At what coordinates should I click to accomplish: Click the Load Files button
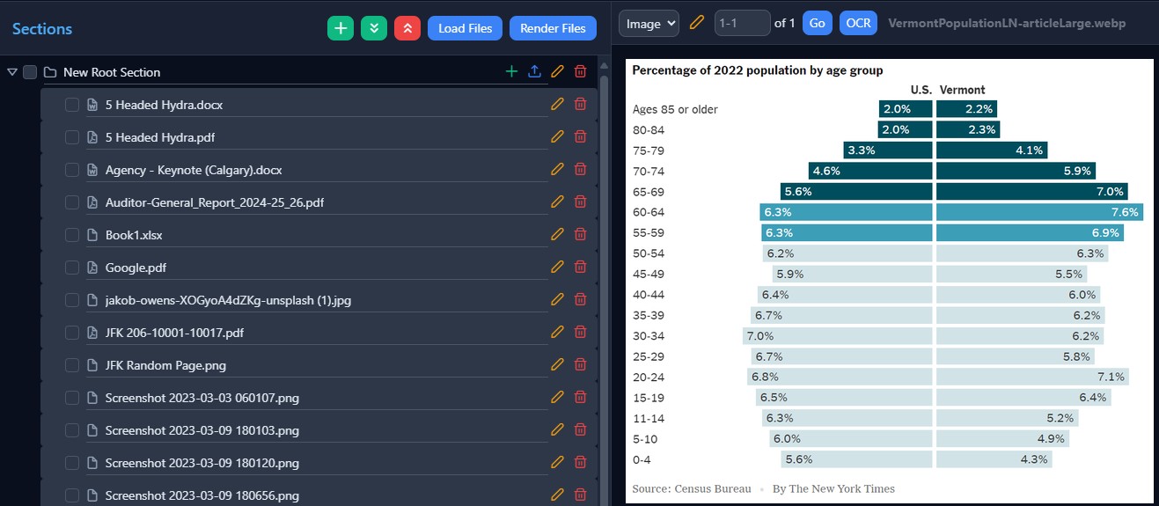tap(465, 28)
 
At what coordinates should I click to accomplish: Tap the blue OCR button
tap(858, 24)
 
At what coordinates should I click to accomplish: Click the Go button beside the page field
tap(817, 24)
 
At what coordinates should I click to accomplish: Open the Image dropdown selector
tap(649, 24)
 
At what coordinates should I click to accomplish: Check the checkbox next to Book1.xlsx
tap(72, 235)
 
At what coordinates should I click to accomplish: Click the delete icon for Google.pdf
tap(580, 267)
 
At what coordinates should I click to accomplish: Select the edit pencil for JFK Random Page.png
tap(556, 364)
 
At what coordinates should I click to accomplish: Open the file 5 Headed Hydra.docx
tap(164, 105)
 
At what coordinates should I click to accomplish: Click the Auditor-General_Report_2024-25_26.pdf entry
tap(214, 202)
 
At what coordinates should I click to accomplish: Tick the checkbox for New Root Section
tap(30, 72)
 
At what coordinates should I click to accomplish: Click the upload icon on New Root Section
tap(534, 71)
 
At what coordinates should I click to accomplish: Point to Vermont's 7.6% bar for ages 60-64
tap(1039, 212)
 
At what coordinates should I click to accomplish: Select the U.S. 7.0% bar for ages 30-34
tap(837, 336)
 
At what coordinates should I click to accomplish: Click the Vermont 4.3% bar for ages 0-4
tap(994, 459)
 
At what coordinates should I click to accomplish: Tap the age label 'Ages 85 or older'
tap(675, 109)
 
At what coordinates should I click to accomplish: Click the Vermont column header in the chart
tap(962, 90)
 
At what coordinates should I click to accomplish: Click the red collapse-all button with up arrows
tap(407, 28)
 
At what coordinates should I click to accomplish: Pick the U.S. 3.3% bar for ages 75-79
tap(887, 150)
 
